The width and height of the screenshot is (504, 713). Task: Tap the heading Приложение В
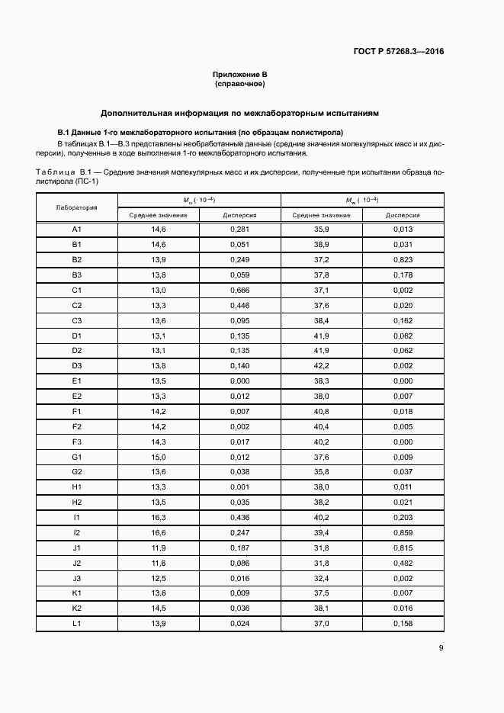point(239,74)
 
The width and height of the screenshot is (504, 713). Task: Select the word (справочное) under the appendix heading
point(239,83)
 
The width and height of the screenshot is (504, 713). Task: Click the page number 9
point(441,649)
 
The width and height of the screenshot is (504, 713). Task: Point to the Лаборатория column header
point(76,207)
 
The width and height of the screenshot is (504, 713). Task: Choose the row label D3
point(76,365)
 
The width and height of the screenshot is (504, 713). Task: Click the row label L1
point(76,623)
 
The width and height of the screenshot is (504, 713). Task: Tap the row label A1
point(76,230)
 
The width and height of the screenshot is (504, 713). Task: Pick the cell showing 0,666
point(240,290)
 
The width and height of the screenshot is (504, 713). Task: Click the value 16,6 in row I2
point(158,532)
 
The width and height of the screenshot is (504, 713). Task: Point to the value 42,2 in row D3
point(321,365)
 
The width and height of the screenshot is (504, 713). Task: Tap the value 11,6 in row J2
point(158,563)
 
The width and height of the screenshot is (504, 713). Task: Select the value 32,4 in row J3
point(321,578)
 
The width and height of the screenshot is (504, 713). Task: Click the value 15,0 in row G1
point(158,457)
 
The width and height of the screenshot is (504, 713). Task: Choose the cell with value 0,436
point(240,517)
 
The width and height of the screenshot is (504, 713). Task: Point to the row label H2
point(76,502)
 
